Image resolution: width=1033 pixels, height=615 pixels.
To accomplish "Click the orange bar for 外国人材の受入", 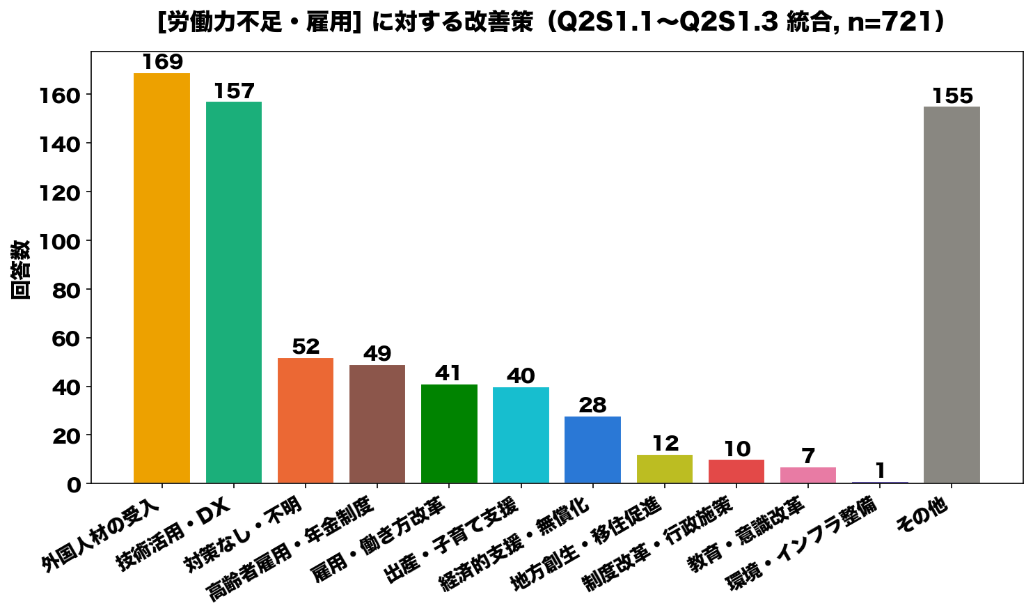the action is (x=161, y=278).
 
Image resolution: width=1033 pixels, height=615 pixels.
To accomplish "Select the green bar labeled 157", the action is (x=233, y=293).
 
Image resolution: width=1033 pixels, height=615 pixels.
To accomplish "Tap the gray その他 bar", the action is (x=952, y=295).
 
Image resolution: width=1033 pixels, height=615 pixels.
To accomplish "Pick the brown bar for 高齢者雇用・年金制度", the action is (x=377, y=424).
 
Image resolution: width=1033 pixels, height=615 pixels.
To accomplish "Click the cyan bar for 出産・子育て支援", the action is (x=521, y=435).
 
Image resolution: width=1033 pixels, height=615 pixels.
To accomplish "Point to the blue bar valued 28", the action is (x=592, y=450).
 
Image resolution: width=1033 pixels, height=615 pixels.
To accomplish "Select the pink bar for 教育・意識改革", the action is (x=808, y=475).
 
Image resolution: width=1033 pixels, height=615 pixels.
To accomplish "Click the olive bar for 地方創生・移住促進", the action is (x=665, y=469).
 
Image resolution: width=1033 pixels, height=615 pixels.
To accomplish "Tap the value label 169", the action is (x=162, y=62).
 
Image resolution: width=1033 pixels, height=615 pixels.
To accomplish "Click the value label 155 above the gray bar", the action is (x=952, y=96).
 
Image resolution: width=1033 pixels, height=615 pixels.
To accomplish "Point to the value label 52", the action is (x=306, y=346).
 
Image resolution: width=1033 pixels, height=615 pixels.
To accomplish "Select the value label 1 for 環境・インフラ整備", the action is (x=881, y=471).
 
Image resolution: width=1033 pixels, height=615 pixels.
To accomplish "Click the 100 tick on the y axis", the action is (x=61, y=241).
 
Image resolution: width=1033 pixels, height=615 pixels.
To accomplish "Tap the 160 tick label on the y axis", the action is (x=61, y=96).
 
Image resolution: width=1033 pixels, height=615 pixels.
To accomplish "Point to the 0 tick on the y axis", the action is (x=74, y=485).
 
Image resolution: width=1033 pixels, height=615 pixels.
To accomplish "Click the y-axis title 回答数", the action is (x=20, y=270).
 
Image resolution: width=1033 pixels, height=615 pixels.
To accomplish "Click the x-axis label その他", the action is (x=922, y=516).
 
